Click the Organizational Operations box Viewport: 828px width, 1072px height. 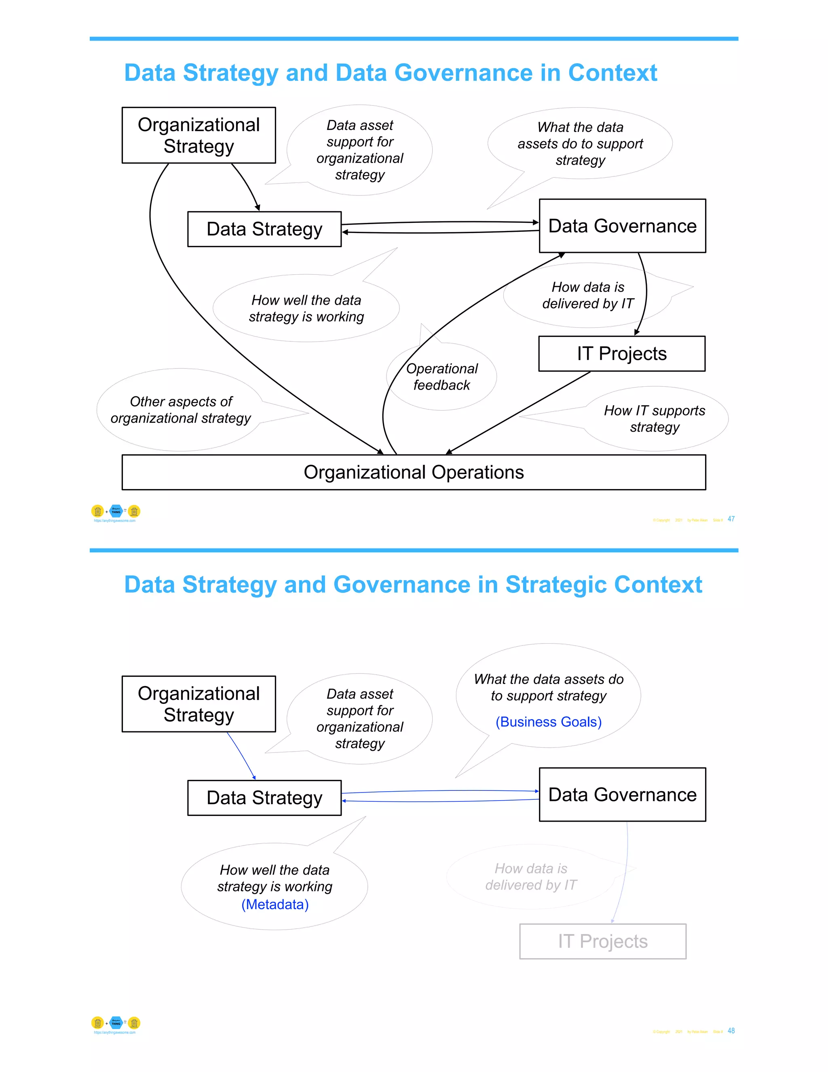[414, 472]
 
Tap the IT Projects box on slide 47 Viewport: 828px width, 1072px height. [621, 354]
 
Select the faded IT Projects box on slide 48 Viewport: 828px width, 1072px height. [603, 941]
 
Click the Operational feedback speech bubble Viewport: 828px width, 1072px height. [441, 377]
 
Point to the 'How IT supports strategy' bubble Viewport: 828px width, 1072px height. [655, 419]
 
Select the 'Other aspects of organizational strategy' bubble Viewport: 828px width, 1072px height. [180, 410]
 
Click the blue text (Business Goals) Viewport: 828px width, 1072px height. [548, 722]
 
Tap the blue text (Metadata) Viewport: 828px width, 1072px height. [275, 904]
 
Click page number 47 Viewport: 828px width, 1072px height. [731, 519]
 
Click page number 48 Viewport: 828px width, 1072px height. [731, 1031]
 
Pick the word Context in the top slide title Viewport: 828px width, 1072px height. [612, 73]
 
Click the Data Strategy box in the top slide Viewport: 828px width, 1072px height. [264, 229]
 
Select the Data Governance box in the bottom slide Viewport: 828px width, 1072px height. [622, 794]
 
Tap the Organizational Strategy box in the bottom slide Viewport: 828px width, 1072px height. [199, 704]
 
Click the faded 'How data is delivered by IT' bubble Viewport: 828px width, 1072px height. [531, 877]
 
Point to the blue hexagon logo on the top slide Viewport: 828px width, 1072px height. [116, 511]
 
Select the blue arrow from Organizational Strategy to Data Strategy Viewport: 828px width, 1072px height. [241, 756]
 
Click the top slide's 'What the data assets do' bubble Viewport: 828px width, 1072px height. [580, 143]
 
